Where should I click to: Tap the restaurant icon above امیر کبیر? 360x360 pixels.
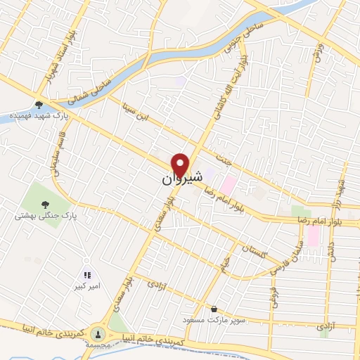(x=87, y=276)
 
